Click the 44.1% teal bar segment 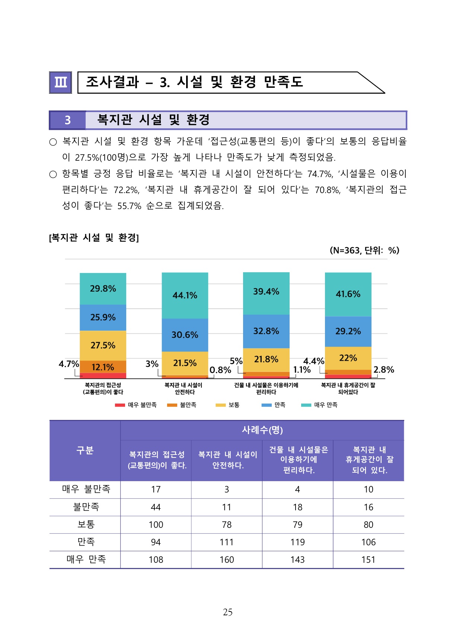tap(185, 295)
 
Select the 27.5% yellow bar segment tap(103, 345)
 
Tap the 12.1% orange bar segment tap(103, 367)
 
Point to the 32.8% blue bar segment tap(266, 331)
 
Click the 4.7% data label tap(69, 364)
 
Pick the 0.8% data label tap(220, 370)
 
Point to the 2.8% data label tap(383, 370)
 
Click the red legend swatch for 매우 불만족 tap(120, 405)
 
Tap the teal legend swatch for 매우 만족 tap(306, 405)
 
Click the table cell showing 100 tap(156, 524)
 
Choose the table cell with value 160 tap(227, 559)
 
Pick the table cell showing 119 tap(297, 542)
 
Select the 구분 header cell tap(85, 450)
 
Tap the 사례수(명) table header tap(262, 430)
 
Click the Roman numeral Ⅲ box tap(60, 82)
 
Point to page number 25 tap(227, 612)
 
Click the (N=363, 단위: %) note tap(364, 250)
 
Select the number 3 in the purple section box tap(67, 120)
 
